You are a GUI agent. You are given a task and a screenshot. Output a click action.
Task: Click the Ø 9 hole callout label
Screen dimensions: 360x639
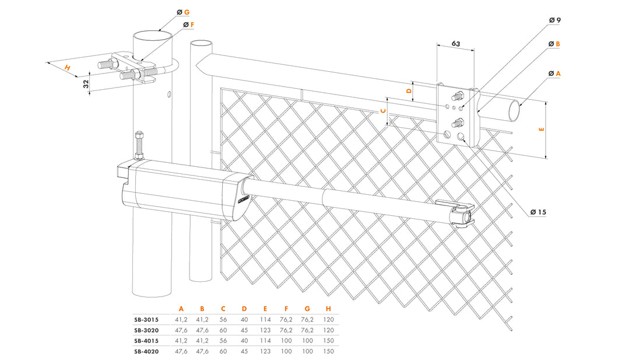pyautogui.click(x=554, y=20)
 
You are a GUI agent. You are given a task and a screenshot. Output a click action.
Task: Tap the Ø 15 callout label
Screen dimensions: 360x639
pyautogui.click(x=538, y=212)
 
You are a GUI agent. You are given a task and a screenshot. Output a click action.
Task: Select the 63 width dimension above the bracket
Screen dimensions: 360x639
pyautogui.click(x=456, y=43)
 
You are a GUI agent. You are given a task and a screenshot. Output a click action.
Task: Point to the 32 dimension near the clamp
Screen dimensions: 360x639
pyautogui.click(x=87, y=83)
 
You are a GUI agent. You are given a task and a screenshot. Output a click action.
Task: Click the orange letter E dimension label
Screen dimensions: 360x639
pyautogui.click(x=542, y=130)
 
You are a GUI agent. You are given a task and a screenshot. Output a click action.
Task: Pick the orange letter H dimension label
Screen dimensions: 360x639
pyautogui.click(x=68, y=68)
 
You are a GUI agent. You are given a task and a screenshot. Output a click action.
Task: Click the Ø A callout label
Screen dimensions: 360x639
pyautogui.click(x=554, y=74)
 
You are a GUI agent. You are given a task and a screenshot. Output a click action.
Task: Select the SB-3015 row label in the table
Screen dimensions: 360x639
pyautogui.click(x=146, y=320)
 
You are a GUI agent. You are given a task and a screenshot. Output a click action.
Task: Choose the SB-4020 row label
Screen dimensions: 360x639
pyautogui.click(x=146, y=351)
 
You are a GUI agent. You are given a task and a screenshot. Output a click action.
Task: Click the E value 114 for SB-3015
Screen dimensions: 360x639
pyautogui.click(x=265, y=320)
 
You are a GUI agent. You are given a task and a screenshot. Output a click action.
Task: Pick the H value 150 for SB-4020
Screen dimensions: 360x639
pyautogui.click(x=328, y=351)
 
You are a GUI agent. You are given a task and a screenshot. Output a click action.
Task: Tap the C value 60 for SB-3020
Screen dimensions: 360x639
pyautogui.click(x=223, y=330)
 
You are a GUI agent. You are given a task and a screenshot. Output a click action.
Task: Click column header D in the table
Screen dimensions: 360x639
pyautogui.click(x=244, y=309)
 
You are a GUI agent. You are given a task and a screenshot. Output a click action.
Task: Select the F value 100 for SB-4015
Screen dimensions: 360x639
pyautogui.click(x=286, y=341)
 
